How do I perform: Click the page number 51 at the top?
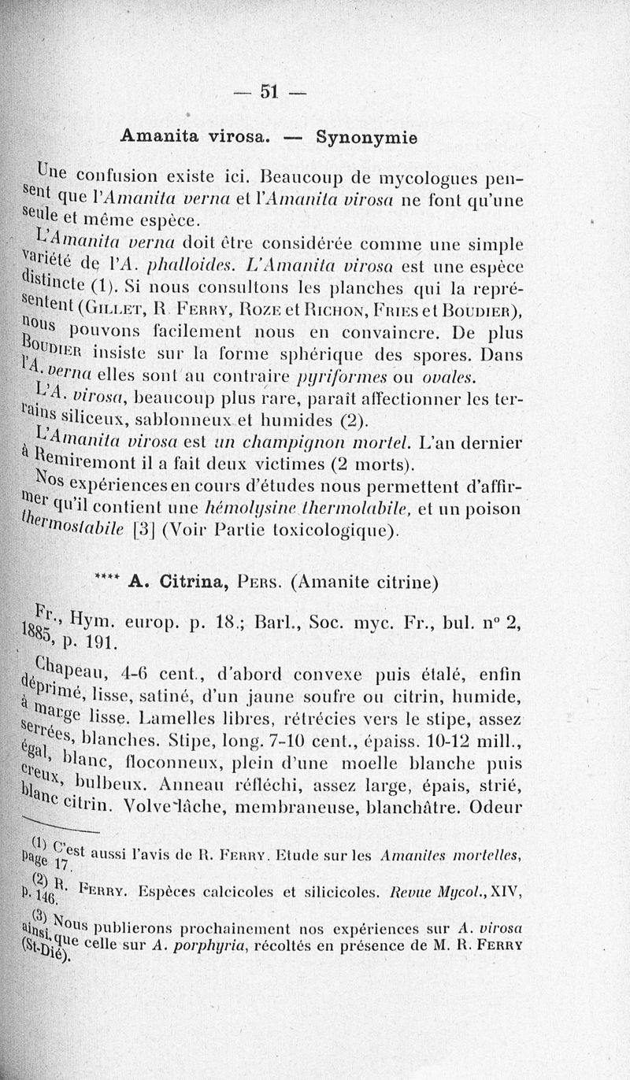coord(269,91)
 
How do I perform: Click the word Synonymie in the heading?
coord(366,136)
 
